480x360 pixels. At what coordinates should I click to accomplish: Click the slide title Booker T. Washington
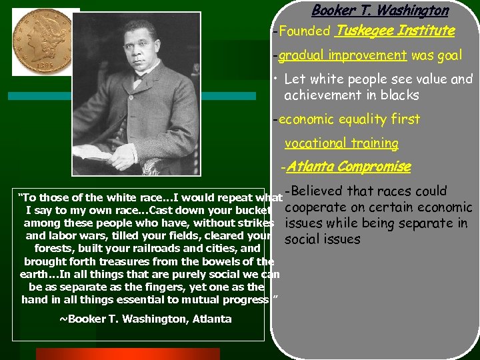coord(380,11)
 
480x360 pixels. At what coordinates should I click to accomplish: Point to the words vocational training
coord(341,143)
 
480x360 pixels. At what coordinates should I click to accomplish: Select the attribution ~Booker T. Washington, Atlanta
coord(145,319)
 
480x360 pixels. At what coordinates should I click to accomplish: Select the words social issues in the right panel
coord(322,239)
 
